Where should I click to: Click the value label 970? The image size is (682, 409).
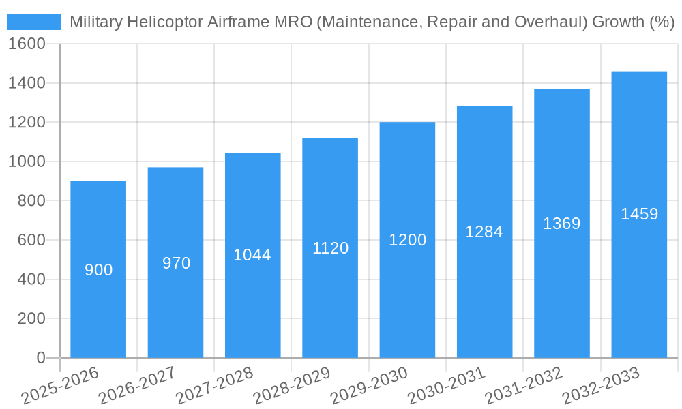(x=176, y=263)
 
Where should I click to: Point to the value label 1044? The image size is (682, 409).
(x=252, y=255)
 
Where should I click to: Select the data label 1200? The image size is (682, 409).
(x=407, y=240)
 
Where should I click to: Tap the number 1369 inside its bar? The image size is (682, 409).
(x=561, y=224)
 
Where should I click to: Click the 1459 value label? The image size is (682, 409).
(x=639, y=214)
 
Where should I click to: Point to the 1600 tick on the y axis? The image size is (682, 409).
(x=27, y=44)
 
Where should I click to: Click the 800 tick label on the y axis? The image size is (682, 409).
(x=31, y=201)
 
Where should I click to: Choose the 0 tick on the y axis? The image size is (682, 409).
(x=41, y=358)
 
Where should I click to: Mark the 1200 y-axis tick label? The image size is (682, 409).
(x=27, y=123)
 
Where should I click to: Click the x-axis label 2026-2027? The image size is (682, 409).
(x=137, y=386)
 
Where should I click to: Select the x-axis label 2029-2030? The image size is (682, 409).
(x=369, y=386)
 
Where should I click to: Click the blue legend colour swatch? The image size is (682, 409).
(x=34, y=22)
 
